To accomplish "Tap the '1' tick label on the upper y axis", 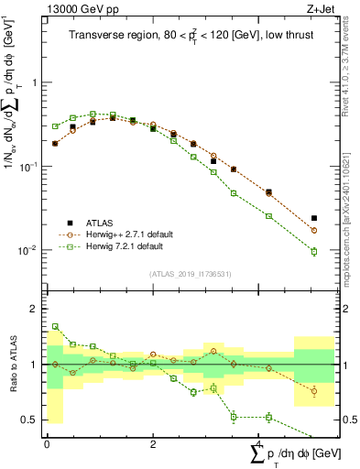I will coord(36,82).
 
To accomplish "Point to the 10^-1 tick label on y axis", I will coord(29,166).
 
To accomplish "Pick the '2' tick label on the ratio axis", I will coord(35,309).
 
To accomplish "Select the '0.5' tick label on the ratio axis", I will coord(30,420).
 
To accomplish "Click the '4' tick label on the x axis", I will coord(258,444).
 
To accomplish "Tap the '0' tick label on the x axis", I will coord(47,444).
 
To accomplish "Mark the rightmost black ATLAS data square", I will coord(314,218).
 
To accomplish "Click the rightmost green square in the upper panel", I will coord(314,251).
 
